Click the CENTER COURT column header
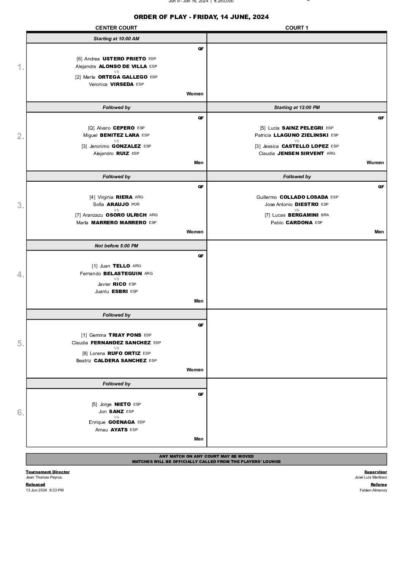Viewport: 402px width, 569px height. click(x=116, y=28)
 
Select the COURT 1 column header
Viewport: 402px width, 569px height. click(x=296, y=28)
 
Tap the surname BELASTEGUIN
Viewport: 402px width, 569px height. click(x=122, y=273)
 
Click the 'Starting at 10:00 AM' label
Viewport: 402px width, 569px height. click(x=116, y=39)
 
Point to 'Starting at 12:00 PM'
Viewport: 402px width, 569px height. click(x=296, y=108)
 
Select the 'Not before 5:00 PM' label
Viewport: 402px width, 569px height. click(x=116, y=246)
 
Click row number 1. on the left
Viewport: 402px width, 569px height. click(x=21, y=67)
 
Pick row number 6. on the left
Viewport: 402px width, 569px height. click(x=21, y=412)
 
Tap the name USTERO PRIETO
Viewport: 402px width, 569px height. click(x=124, y=59)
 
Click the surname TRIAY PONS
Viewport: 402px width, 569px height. click(x=125, y=335)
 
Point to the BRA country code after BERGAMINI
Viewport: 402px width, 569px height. click(x=325, y=215)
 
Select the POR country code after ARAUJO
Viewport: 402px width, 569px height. click(x=135, y=204)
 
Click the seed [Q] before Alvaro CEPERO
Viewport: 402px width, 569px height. click(x=91, y=128)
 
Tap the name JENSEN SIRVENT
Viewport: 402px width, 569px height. click(x=301, y=154)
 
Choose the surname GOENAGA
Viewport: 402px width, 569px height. click(x=122, y=422)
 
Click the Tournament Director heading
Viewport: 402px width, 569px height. click(x=47, y=472)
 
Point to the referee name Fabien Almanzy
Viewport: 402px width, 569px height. click(x=373, y=490)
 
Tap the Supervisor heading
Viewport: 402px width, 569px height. click(x=375, y=472)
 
